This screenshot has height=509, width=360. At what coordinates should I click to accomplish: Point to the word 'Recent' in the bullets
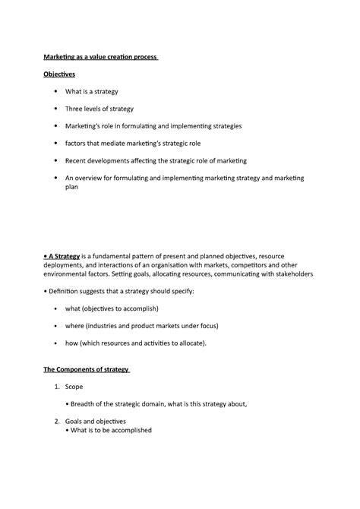coord(77,160)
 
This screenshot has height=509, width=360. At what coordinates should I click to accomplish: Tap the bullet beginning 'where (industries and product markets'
coord(141,325)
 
